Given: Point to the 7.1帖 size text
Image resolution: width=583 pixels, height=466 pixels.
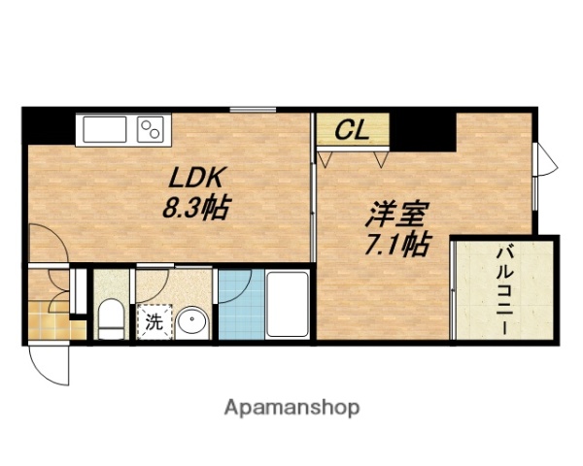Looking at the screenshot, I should coord(396,243).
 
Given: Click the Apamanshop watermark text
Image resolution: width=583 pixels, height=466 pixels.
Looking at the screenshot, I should coord(292,407).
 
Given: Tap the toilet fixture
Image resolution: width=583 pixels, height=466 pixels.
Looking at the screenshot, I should coord(111,320).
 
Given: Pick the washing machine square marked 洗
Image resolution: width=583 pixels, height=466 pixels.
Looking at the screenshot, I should coord(154,323).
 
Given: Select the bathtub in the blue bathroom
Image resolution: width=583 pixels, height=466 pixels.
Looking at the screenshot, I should coord(287,305).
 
